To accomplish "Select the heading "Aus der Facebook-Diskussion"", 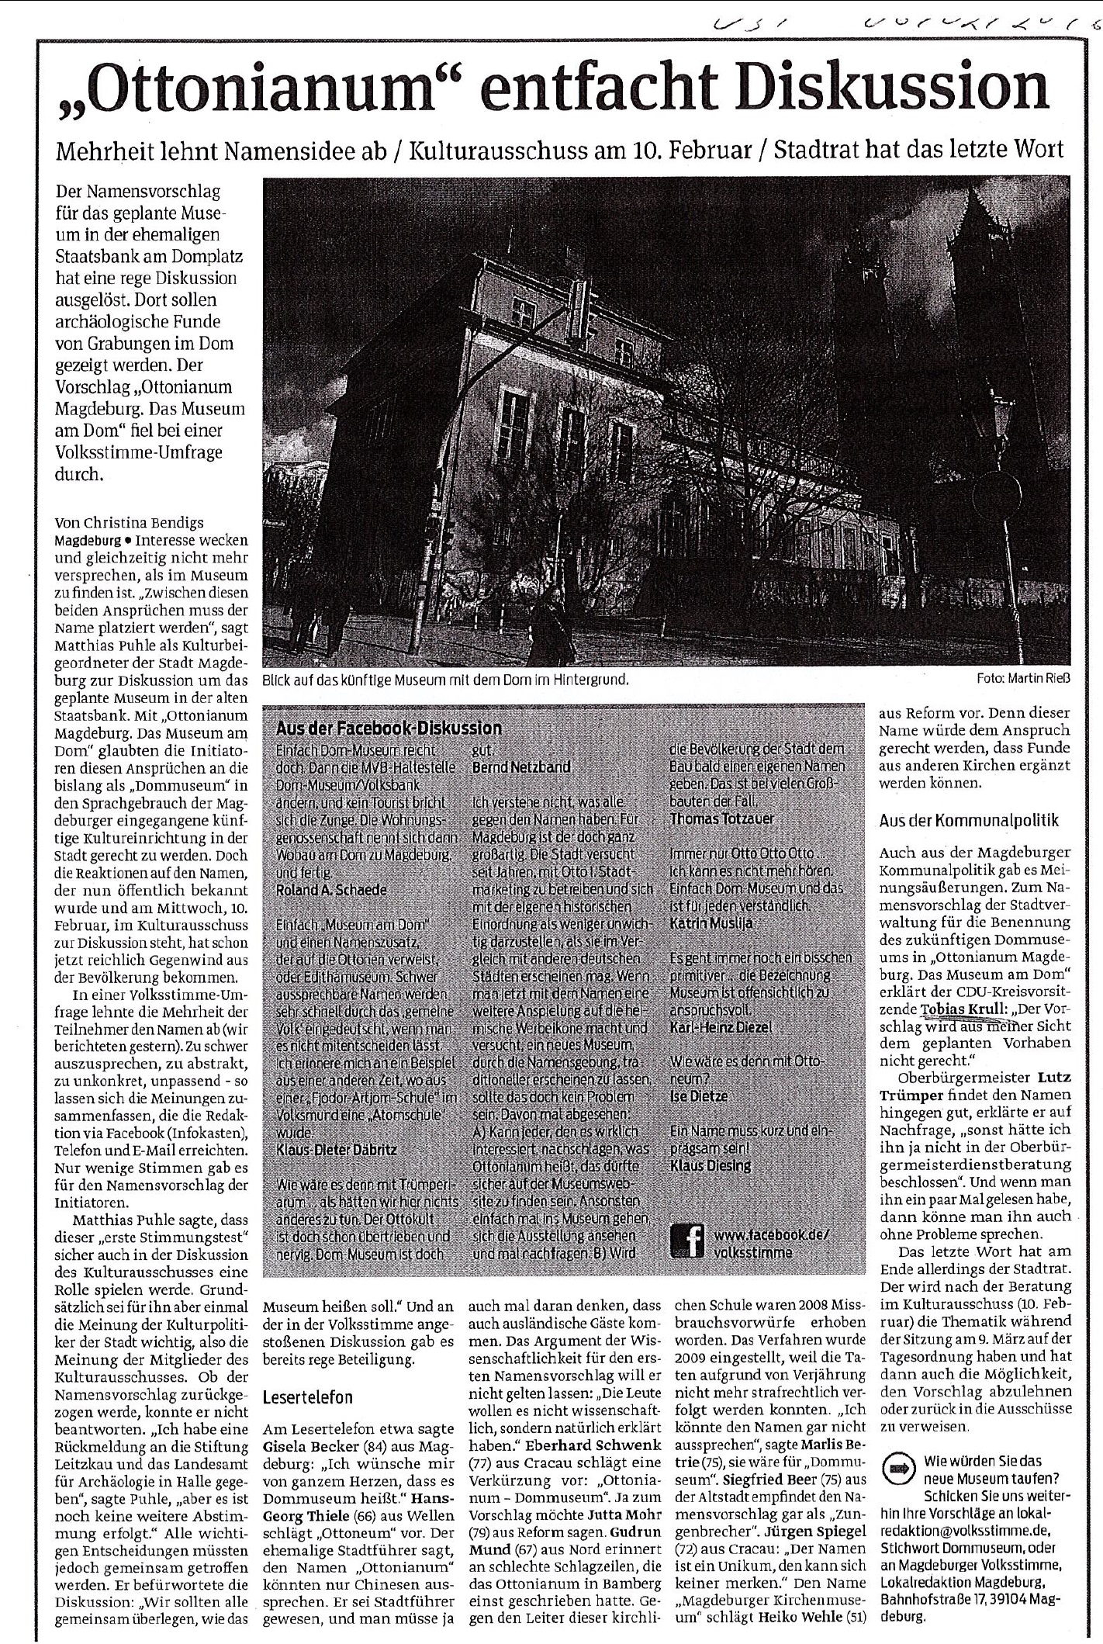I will (389, 728).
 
